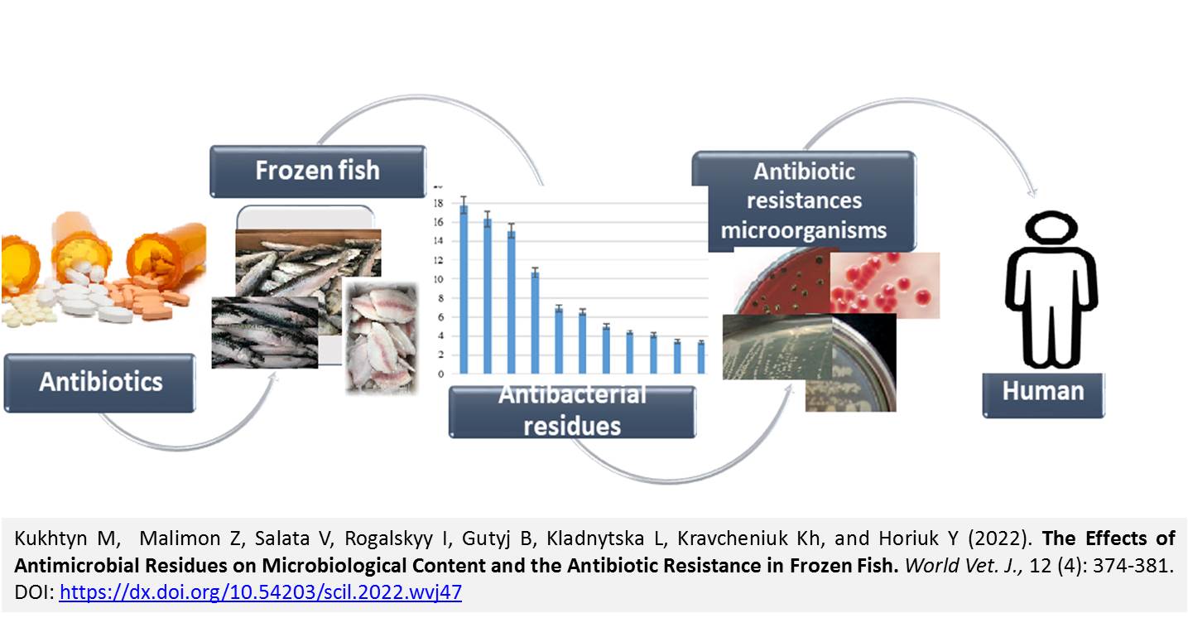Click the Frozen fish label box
pyautogui.click(x=318, y=171)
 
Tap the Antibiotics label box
pyautogui.click(x=99, y=382)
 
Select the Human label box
pyautogui.click(x=1043, y=395)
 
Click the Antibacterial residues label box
pyautogui.click(x=572, y=412)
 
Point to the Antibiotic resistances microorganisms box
pyautogui.click(x=804, y=200)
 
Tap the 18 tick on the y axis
pyautogui.click(x=438, y=203)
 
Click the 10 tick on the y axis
pyautogui.click(x=438, y=279)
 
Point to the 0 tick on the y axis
pyautogui.click(x=440, y=374)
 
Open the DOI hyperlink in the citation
pyautogui.click(x=261, y=592)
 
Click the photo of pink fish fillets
pyautogui.click(x=381, y=339)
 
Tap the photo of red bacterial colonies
pyautogui.click(x=885, y=285)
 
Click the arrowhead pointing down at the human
pyautogui.click(x=1032, y=192)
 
